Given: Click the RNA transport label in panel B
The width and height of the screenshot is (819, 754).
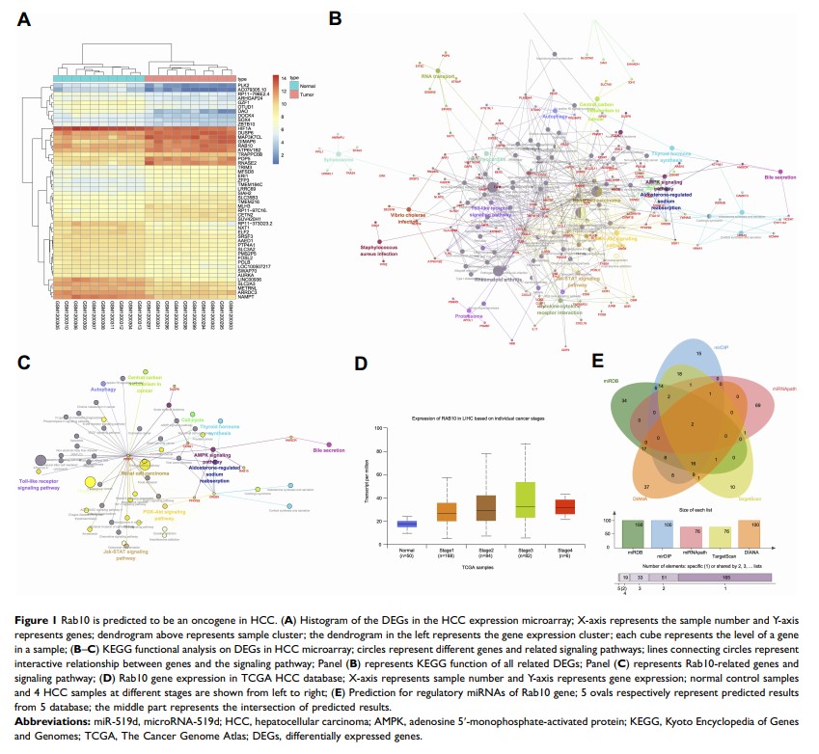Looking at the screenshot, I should coord(438,74).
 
